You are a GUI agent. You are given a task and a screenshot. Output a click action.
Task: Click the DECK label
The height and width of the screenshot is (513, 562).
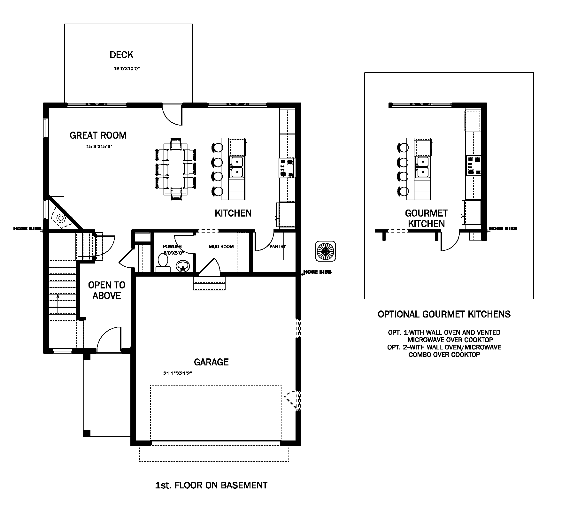pyautogui.click(x=121, y=55)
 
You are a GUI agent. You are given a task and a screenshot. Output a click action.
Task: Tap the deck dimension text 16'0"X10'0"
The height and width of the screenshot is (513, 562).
pyautogui.click(x=127, y=69)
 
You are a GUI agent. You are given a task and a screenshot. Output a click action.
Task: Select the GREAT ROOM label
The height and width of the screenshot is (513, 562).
pyautogui.click(x=98, y=135)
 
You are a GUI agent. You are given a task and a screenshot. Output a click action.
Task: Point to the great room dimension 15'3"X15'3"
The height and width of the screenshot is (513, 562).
pyautogui.click(x=100, y=147)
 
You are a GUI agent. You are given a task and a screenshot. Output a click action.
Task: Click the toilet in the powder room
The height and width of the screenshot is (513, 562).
pyautogui.click(x=163, y=263)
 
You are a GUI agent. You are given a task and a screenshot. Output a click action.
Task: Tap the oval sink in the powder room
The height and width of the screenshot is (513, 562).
pyautogui.click(x=183, y=266)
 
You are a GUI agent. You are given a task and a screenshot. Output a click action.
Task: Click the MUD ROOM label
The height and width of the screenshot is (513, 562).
pyautogui.click(x=221, y=247)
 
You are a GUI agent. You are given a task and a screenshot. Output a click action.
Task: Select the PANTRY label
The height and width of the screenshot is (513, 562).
pyautogui.click(x=278, y=247)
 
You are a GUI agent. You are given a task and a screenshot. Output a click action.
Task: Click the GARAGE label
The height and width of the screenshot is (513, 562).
pyautogui.click(x=211, y=362)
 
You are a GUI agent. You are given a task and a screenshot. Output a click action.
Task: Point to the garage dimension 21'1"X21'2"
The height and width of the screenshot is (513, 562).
pyautogui.click(x=178, y=373)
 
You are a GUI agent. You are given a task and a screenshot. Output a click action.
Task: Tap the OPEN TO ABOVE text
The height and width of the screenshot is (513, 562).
pyautogui.click(x=107, y=290)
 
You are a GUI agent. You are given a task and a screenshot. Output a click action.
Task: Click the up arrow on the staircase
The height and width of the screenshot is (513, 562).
pyautogui.click(x=58, y=304)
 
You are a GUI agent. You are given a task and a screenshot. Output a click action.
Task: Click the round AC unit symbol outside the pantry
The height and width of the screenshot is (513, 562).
pyautogui.click(x=326, y=251)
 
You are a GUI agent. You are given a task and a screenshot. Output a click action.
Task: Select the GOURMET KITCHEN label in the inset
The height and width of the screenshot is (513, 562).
pyautogui.click(x=426, y=218)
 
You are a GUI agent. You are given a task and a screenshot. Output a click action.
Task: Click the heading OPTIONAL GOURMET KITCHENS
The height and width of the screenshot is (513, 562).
pyautogui.click(x=444, y=314)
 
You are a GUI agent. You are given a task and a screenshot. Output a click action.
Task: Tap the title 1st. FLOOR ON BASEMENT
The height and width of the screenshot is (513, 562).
pyautogui.click(x=211, y=486)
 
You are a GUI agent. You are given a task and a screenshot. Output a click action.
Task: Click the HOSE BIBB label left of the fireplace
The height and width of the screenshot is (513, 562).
pyautogui.click(x=27, y=229)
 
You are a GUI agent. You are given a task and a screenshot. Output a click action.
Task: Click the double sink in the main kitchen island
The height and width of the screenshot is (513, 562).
pyautogui.click(x=237, y=167)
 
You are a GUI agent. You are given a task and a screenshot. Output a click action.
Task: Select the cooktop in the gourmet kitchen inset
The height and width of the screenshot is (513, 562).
pyautogui.click(x=473, y=165)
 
